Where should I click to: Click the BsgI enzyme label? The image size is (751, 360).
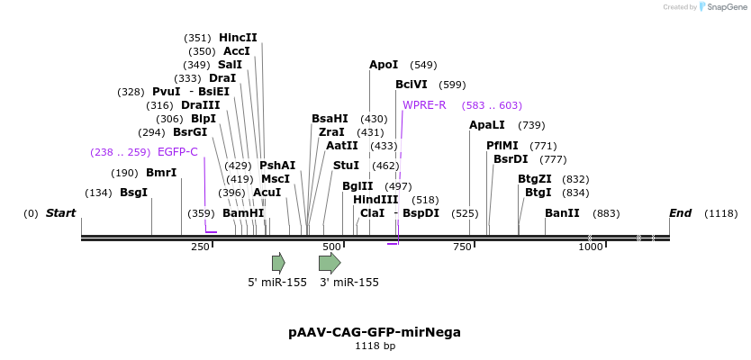click(x=133, y=193)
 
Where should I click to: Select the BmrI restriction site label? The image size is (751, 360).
click(x=161, y=173)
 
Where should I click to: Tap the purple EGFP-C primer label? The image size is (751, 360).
click(x=177, y=152)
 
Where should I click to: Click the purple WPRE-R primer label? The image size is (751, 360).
click(x=424, y=105)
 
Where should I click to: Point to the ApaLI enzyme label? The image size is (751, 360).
click(x=487, y=125)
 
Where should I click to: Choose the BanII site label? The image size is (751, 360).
click(x=562, y=213)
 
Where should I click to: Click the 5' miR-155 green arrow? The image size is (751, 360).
click(x=277, y=263)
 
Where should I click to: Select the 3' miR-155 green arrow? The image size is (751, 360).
click(x=330, y=263)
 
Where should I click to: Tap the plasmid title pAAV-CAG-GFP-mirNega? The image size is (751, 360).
click(x=375, y=332)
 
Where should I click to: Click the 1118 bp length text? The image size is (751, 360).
click(x=375, y=346)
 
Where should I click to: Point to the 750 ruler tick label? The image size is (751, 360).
click(x=463, y=247)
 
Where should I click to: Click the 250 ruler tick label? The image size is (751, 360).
click(x=201, y=247)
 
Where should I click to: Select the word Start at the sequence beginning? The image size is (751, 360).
click(x=60, y=213)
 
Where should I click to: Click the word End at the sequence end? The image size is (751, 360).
click(x=680, y=213)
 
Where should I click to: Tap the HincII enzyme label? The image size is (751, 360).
click(x=238, y=38)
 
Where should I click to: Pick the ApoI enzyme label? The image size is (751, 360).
click(x=384, y=65)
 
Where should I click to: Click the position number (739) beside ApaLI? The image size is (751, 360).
click(x=531, y=125)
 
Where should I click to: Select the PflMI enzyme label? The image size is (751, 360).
click(x=502, y=146)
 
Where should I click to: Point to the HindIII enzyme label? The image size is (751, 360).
click(x=375, y=200)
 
